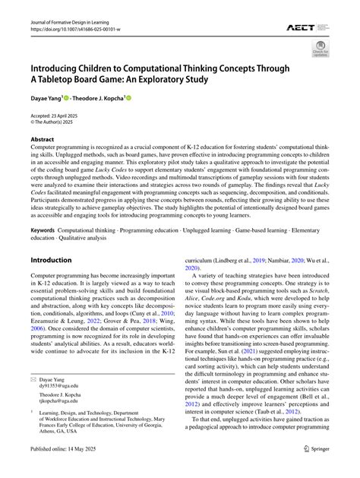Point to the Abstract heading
pos(43,140)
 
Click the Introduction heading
pos(51,260)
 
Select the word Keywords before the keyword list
pos(44,229)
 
